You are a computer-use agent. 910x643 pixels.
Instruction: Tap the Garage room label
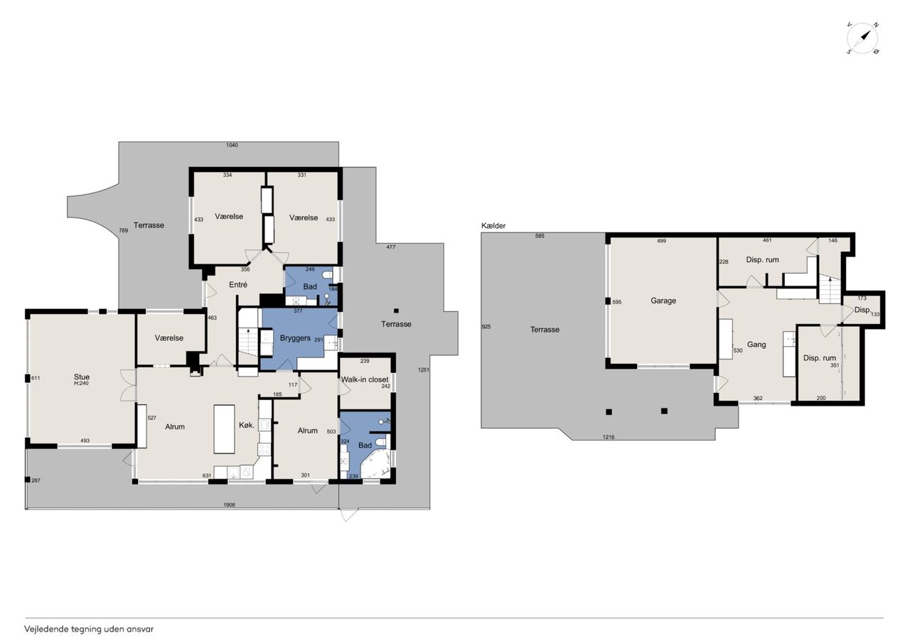663,301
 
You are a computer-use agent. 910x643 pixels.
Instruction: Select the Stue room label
82,377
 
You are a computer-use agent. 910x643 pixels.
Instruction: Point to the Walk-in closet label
365,379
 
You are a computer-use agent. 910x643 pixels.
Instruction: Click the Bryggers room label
295,338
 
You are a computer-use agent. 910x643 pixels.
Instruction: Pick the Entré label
238,285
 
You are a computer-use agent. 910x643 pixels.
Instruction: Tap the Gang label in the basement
756,345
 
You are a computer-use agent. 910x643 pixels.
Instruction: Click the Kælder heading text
493,226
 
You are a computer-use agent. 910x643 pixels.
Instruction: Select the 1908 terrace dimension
229,504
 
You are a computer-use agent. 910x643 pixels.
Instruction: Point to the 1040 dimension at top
232,145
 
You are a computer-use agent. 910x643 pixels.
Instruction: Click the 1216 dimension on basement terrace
608,437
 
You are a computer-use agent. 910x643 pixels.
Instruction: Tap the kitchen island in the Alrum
224,429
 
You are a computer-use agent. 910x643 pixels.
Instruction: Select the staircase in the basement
829,289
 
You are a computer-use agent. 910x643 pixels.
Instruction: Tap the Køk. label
247,426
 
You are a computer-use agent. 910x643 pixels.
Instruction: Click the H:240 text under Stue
81,383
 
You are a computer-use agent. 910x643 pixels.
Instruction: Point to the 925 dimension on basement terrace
486,326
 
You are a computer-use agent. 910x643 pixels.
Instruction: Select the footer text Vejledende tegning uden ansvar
89,630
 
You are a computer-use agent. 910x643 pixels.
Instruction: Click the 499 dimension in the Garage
661,241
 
